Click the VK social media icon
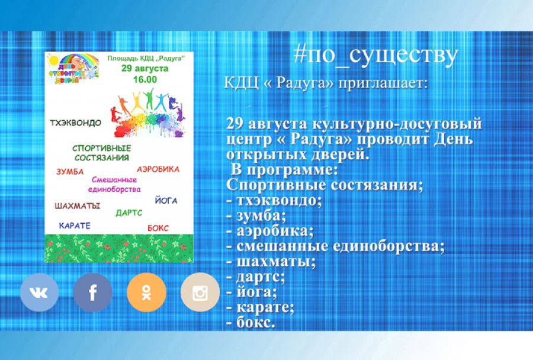coord(39,292)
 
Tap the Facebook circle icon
coord(92,292)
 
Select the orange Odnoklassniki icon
coord(146,292)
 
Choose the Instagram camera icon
coord(200,292)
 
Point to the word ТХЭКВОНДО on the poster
coord(76,123)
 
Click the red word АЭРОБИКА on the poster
coord(158,169)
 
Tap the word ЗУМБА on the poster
coord(70,172)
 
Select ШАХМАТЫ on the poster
coord(77,206)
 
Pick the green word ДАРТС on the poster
coord(129,212)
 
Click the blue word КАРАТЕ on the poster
coord(75,226)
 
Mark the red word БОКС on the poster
coord(158,227)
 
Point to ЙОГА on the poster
coord(165,200)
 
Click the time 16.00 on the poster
coord(145,79)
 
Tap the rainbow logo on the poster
coord(72,69)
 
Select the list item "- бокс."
coord(251,323)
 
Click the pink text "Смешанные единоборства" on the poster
coord(116,184)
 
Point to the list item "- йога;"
coord(252,292)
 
